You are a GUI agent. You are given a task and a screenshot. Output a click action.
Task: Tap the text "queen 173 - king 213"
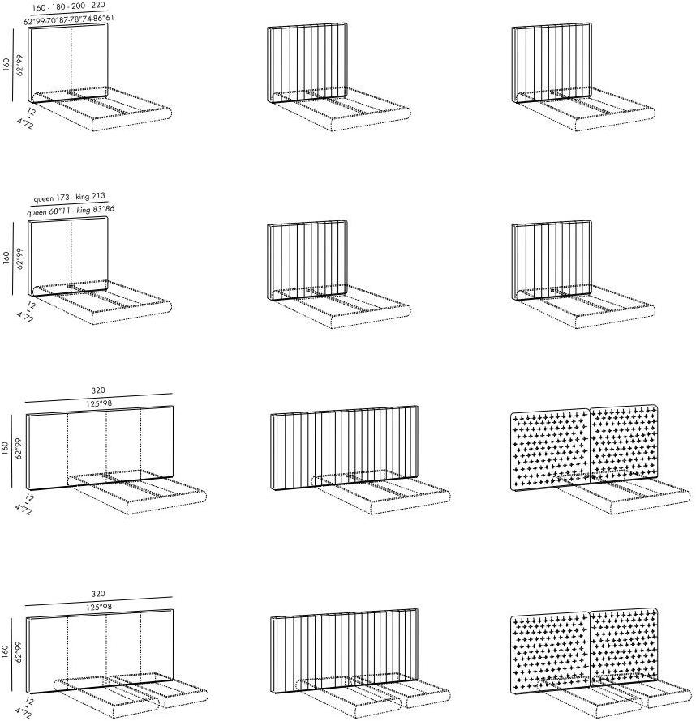(x=69, y=198)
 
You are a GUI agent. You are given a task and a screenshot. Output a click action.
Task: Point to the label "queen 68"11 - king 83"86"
(x=71, y=211)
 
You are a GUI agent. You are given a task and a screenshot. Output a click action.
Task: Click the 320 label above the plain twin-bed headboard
(x=98, y=594)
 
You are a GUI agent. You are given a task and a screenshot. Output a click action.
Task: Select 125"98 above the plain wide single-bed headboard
(x=99, y=403)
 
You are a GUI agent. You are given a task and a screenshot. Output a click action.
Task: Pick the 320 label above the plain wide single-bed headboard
(x=98, y=390)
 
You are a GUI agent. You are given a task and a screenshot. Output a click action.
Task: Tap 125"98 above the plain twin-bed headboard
(x=99, y=607)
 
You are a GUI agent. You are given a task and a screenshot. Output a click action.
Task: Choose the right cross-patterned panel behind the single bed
(x=624, y=443)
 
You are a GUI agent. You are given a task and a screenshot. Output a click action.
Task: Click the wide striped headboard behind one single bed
(x=344, y=447)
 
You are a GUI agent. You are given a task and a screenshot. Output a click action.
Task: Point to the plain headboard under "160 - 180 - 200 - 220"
(x=68, y=62)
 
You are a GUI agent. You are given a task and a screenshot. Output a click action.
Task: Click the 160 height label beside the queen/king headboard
(x=6, y=258)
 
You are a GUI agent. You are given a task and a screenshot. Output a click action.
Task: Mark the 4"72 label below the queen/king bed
(x=25, y=317)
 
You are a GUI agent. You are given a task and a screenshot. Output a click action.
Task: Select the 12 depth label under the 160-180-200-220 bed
(x=31, y=111)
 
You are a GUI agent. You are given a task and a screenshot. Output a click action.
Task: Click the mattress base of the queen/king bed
(x=102, y=303)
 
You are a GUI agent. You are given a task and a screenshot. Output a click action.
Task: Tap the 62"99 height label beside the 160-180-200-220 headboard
(x=19, y=65)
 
